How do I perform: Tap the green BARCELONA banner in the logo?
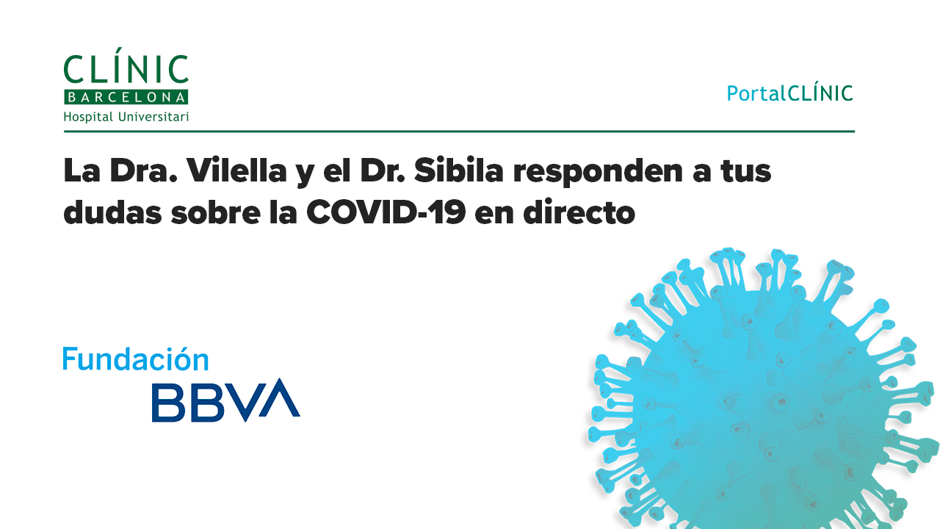(x=126, y=97)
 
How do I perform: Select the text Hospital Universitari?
(x=126, y=117)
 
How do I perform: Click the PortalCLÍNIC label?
(x=789, y=93)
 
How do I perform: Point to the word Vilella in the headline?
(x=237, y=170)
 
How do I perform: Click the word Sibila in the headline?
(x=459, y=170)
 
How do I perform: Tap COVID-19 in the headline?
(x=386, y=212)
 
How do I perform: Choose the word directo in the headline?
(x=579, y=212)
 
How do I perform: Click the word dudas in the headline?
(x=112, y=212)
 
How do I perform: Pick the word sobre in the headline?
(x=216, y=212)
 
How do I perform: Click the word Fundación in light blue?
(x=136, y=359)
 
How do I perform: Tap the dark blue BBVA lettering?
(x=225, y=400)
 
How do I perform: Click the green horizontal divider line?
(x=459, y=132)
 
